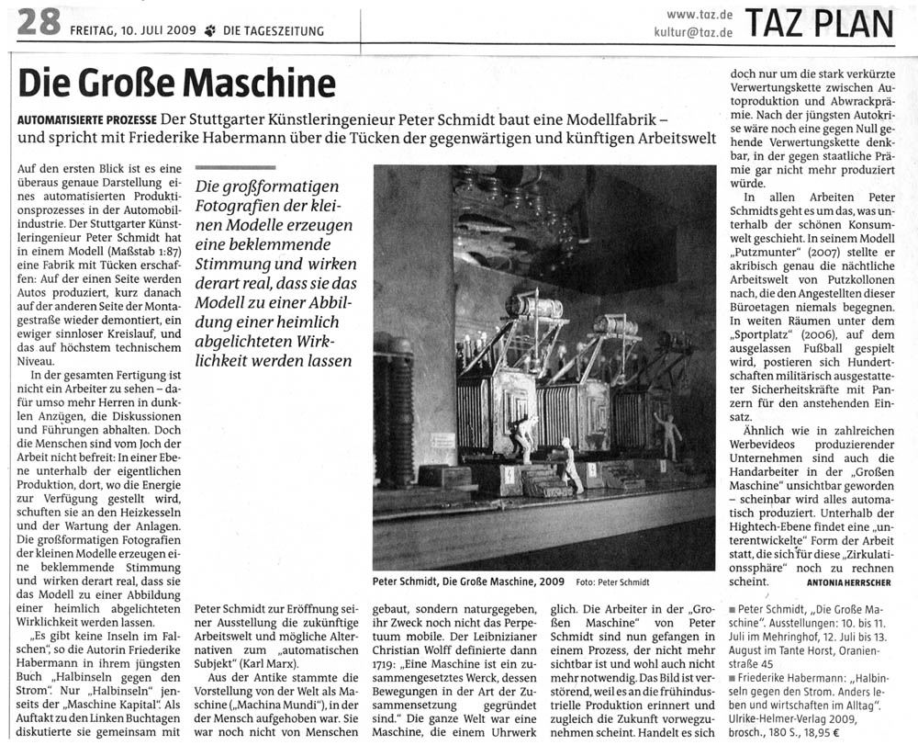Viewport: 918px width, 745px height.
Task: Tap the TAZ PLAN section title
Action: tap(820, 25)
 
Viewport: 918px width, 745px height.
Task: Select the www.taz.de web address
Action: tap(700, 14)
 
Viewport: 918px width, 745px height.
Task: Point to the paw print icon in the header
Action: tap(210, 31)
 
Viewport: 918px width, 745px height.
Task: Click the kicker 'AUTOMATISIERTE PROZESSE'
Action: tap(86, 121)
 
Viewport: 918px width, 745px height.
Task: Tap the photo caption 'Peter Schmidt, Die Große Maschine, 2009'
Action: tap(468, 582)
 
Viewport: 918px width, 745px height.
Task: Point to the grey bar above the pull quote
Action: tap(235, 167)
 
